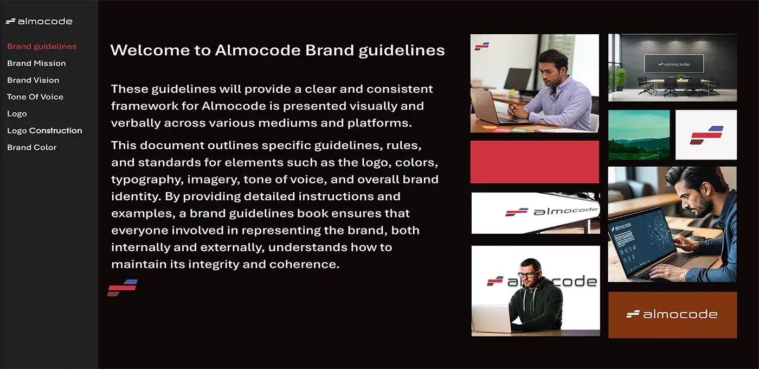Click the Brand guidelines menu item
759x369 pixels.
point(42,47)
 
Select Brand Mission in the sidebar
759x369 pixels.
point(36,63)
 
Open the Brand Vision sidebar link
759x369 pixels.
point(33,80)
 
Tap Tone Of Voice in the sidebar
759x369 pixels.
point(35,97)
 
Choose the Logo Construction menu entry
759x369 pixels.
point(44,131)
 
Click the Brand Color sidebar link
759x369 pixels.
point(31,148)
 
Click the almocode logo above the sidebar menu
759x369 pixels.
point(39,22)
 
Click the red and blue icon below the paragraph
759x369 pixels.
point(122,288)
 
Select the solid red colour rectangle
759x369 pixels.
point(535,162)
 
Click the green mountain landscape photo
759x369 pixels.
point(639,135)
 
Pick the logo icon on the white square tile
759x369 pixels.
point(706,135)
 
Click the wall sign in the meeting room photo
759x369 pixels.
point(674,64)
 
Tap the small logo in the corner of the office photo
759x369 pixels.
point(482,46)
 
